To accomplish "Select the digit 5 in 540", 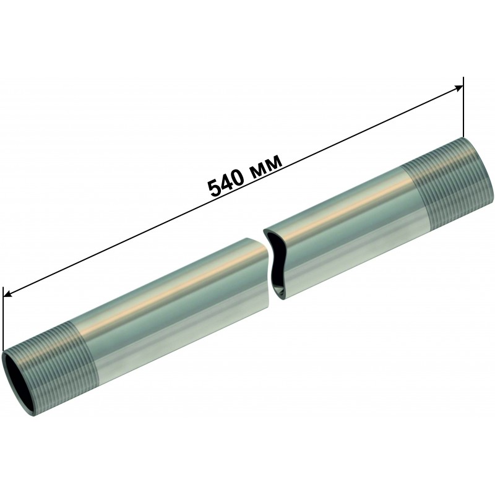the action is [213, 189].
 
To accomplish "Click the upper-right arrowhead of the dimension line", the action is [458, 89].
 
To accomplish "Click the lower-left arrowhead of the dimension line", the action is [8, 294].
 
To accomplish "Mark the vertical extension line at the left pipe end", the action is [3, 319].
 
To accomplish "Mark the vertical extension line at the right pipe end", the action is [463, 107].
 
